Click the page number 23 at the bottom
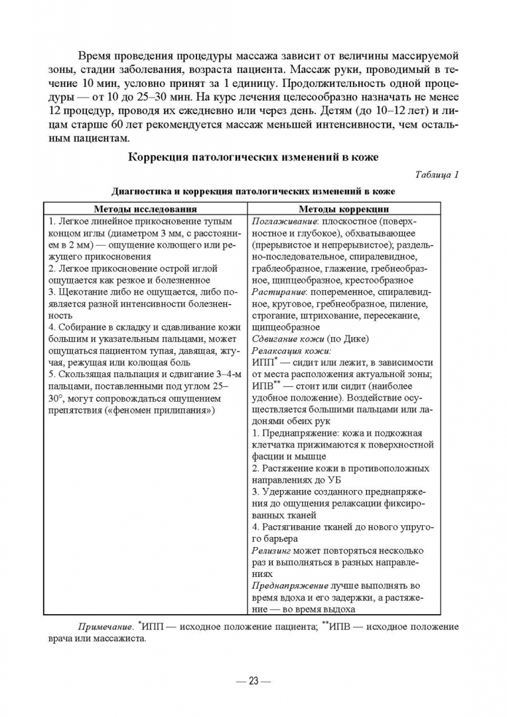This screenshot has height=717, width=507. tap(253, 680)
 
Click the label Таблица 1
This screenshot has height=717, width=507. tap(437, 175)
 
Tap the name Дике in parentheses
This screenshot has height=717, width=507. tap(352, 339)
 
